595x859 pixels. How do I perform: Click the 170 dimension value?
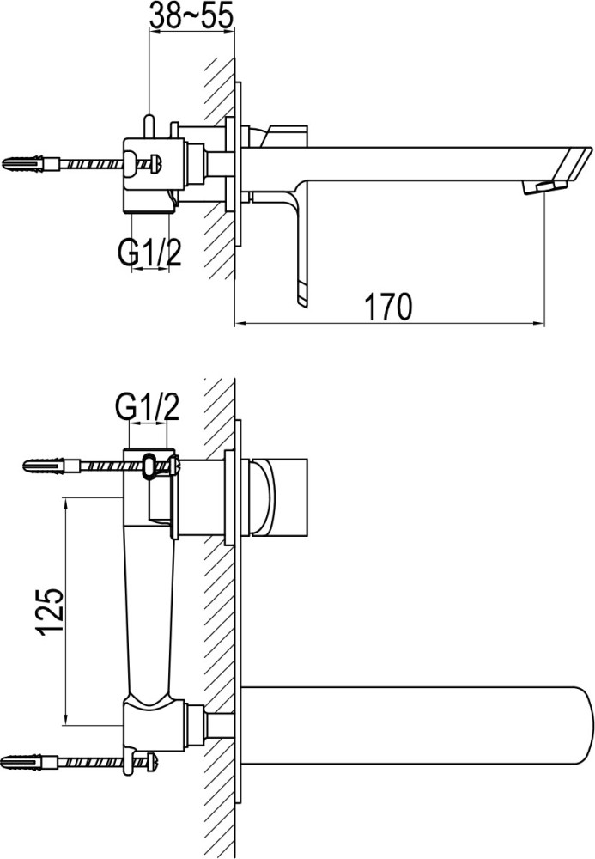click(x=388, y=307)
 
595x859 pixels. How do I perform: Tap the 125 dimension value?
click(x=51, y=612)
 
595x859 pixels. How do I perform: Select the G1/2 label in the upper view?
click(x=149, y=252)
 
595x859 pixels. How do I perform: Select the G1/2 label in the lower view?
click(x=147, y=406)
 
